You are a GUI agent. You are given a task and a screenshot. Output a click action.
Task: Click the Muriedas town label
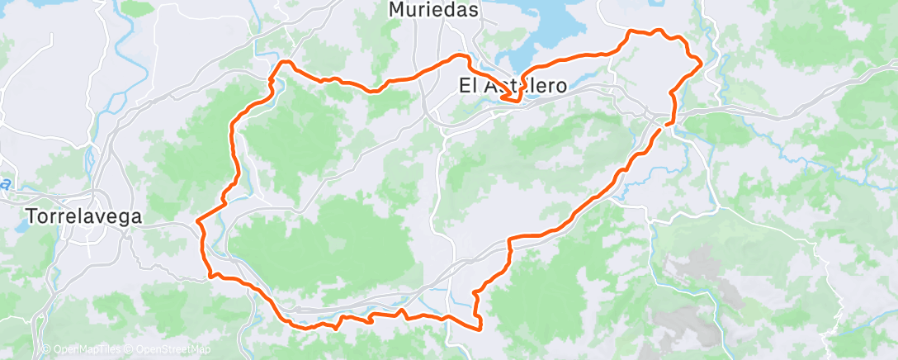click(433, 11)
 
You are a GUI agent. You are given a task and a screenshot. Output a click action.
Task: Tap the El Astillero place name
click(513, 85)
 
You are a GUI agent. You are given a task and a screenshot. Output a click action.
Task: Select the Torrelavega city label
click(85, 216)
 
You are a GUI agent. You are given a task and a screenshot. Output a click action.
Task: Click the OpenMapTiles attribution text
click(83, 350)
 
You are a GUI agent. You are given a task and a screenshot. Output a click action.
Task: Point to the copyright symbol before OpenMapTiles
click(46, 350)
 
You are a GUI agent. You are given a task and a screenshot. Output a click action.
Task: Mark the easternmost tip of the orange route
click(701, 61)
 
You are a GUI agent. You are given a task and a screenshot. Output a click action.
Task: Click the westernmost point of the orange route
click(197, 220)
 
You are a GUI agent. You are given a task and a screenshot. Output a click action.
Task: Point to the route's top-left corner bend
click(284, 62)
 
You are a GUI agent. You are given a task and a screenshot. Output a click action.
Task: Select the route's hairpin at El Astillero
click(518, 102)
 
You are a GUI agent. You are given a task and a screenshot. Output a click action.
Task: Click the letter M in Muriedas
click(396, 11)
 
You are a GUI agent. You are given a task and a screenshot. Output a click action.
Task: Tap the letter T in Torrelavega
click(31, 216)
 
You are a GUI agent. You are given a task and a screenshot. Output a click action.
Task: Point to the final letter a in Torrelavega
click(136, 216)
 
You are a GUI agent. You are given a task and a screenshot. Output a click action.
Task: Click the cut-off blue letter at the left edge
click(4, 183)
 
